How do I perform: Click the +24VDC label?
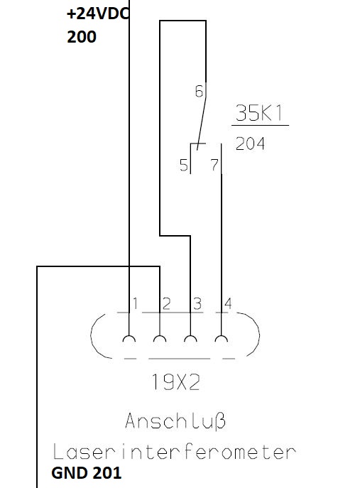point(98,14)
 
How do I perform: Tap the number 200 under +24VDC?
point(82,37)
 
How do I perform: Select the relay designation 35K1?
point(259,113)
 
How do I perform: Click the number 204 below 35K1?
point(250,143)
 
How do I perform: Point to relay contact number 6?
point(199,91)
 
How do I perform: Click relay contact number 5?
point(184,165)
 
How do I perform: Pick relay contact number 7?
point(214,165)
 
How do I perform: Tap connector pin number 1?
point(136,303)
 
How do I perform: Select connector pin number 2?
point(166,304)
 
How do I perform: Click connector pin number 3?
point(197,304)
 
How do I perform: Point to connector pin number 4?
point(228,303)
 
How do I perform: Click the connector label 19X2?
point(176,382)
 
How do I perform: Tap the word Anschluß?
point(175,421)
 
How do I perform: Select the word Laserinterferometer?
point(174,452)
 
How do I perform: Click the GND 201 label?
point(86,473)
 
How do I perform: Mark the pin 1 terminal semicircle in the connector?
point(129,336)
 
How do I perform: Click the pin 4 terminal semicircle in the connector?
point(222,336)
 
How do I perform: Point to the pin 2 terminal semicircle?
point(160,336)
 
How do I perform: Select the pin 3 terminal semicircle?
point(190,336)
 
